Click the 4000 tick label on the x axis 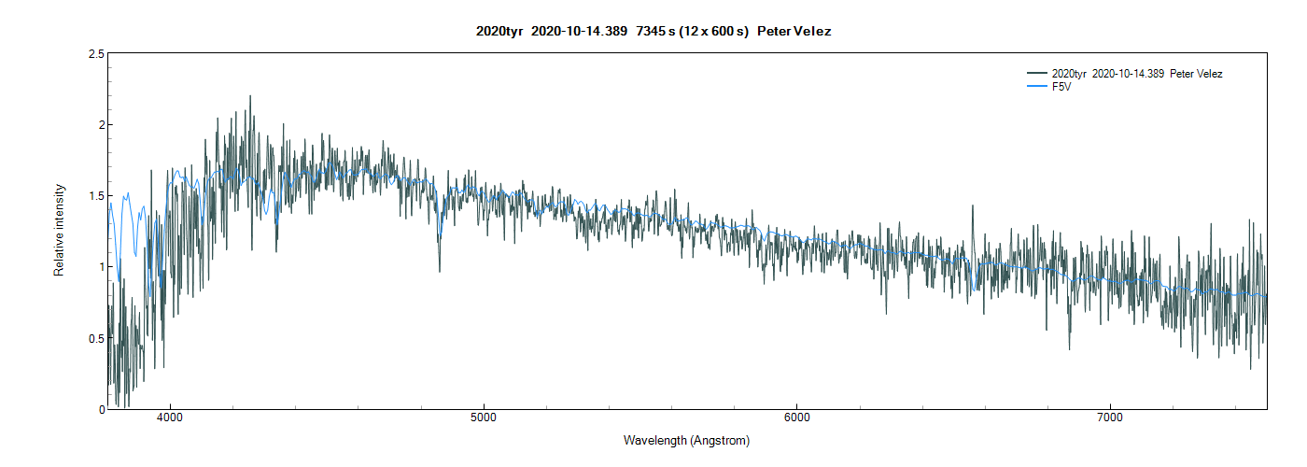[170, 417]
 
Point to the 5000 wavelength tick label [484, 417]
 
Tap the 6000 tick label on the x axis [797, 417]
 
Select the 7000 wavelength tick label [1110, 417]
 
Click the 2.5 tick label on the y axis [95, 54]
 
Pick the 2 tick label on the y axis [100, 125]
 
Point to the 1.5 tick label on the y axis [95, 196]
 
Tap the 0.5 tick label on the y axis [95, 338]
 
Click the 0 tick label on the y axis [100, 409]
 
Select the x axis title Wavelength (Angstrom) [686, 440]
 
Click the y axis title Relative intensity [59, 230]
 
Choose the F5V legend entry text [1061, 87]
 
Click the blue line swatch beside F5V [1036, 87]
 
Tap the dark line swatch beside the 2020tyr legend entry [1036, 74]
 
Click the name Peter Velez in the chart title [794, 32]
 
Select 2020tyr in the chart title [499, 32]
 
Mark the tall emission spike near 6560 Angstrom [972, 206]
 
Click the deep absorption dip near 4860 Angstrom [440, 270]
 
